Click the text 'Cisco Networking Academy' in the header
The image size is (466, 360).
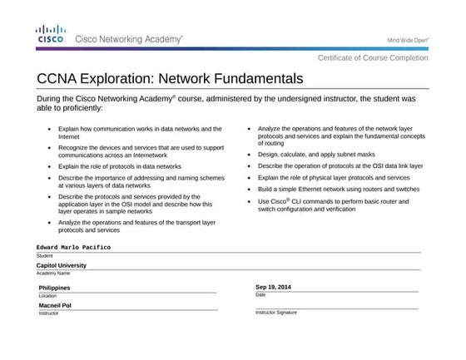click(129, 39)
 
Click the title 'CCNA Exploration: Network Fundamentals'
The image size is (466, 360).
click(170, 79)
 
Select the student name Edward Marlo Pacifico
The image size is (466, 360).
click(73, 248)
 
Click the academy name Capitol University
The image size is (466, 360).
click(62, 266)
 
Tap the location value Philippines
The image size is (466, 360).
click(55, 288)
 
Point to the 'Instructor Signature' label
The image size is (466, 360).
click(275, 313)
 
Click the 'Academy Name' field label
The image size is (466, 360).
click(53, 273)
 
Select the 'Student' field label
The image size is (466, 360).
click(45, 255)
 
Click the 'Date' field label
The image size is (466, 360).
click(260, 294)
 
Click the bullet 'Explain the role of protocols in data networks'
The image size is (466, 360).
click(120, 166)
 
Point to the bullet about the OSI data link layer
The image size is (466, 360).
click(340, 166)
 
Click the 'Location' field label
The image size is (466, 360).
click(47, 295)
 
